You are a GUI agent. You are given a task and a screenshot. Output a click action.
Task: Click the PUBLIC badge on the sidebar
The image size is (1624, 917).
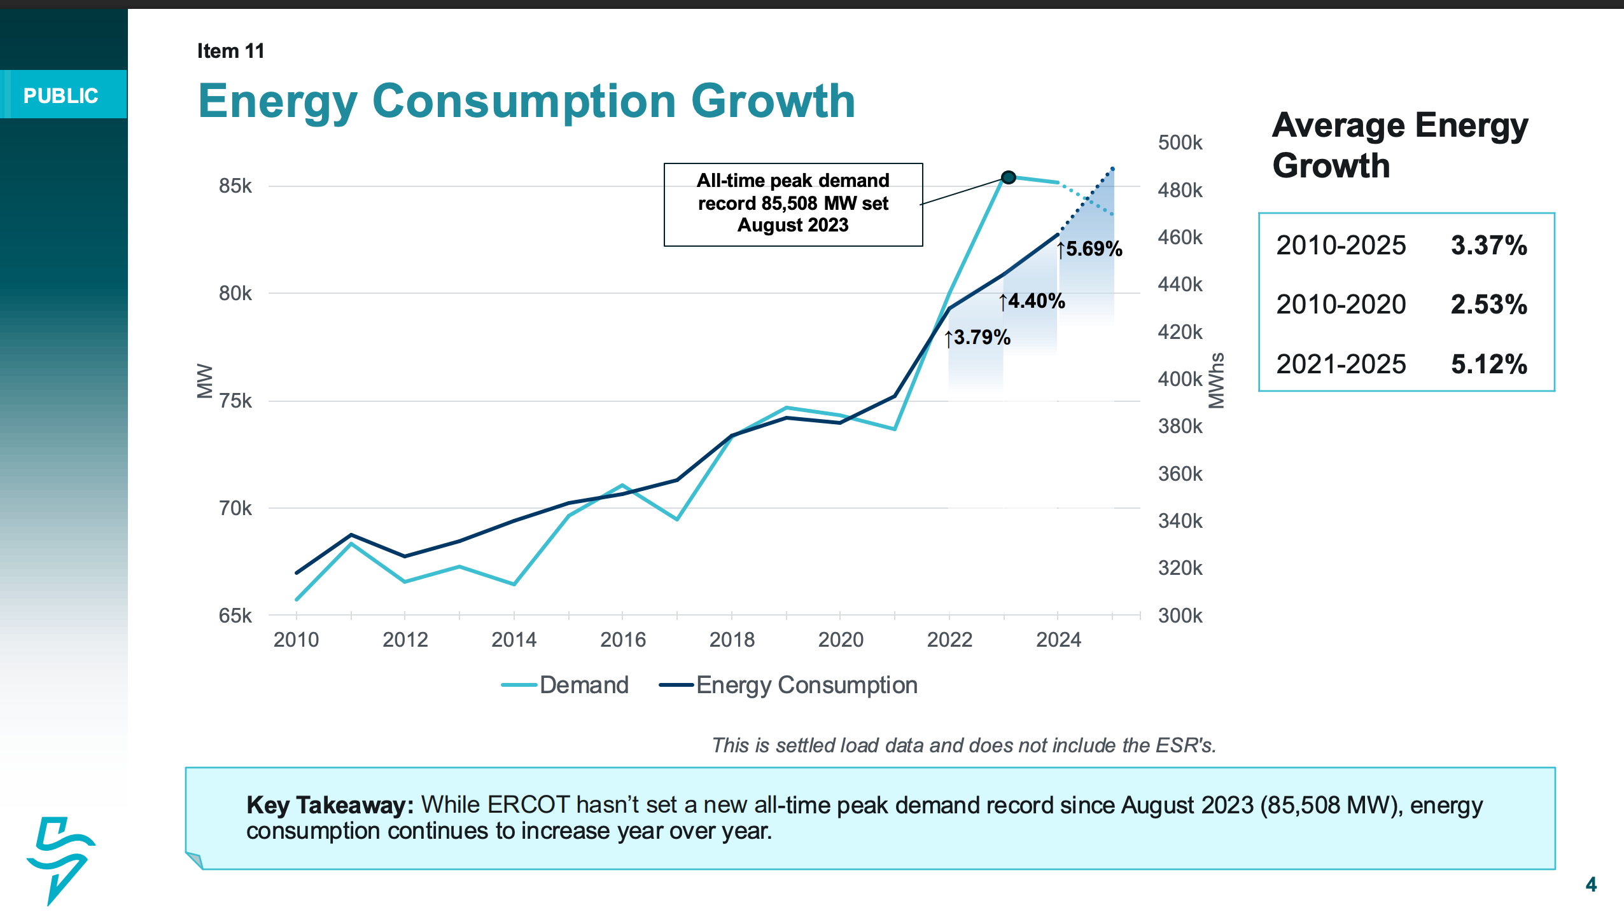[61, 95]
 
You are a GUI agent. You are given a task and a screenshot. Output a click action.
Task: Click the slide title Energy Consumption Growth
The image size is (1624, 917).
[526, 101]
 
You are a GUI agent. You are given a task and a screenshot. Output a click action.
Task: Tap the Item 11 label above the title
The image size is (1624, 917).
[230, 51]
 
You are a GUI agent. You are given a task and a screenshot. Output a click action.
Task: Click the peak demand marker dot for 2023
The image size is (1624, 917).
[1008, 177]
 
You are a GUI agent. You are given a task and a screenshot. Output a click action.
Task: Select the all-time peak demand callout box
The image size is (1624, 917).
[793, 203]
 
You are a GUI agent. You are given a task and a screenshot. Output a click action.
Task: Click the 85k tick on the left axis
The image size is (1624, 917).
[235, 186]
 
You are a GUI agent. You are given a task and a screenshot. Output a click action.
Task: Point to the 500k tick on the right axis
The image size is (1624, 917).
[1180, 142]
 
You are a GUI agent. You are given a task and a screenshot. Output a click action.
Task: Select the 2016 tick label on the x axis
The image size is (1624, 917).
[622, 639]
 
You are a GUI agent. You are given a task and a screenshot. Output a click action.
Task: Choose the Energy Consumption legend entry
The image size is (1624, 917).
[789, 685]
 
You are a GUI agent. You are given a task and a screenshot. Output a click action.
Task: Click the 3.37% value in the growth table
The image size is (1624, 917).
[1488, 245]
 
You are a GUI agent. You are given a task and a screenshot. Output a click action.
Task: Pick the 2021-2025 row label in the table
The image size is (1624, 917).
[1341, 364]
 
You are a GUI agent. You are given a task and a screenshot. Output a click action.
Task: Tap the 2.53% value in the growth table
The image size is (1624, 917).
[1488, 305]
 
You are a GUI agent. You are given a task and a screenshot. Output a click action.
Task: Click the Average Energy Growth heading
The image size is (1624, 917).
[1399, 145]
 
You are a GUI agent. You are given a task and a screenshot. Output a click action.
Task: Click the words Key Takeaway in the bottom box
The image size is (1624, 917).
[330, 805]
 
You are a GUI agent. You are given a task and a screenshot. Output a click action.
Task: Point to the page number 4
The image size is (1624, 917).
[1591, 885]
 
